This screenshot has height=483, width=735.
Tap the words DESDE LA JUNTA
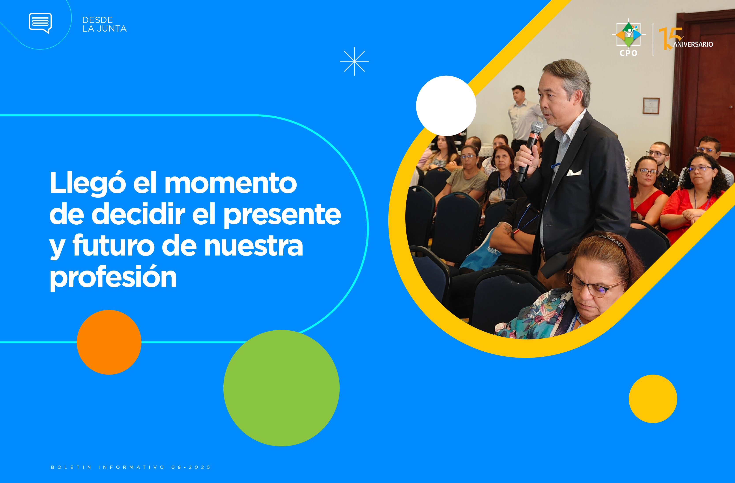[x=104, y=24]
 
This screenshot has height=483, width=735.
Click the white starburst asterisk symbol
[x=354, y=61]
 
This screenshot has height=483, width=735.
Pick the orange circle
[x=109, y=342]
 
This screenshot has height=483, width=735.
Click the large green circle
[x=281, y=388]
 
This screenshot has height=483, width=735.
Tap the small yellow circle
[x=653, y=399]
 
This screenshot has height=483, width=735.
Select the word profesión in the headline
[x=113, y=277]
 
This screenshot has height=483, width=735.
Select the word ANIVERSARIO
[x=693, y=44]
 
